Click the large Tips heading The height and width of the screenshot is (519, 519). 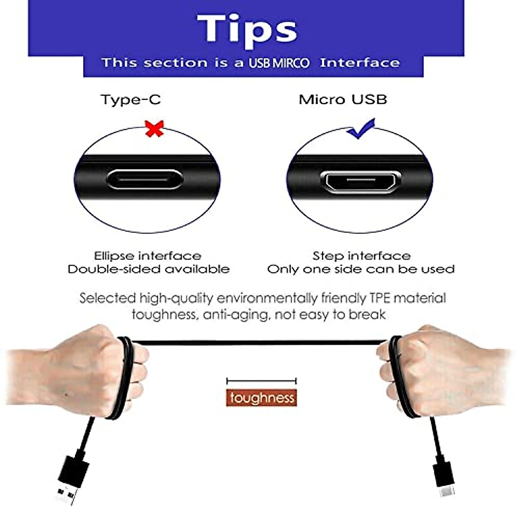tap(247, 29)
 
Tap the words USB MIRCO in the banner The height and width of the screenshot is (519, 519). tap(279, 63)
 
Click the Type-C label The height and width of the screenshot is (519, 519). tap(130, 99)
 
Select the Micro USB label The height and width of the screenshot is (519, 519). tap(343, 99)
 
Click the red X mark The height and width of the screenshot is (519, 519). tap(154, 129)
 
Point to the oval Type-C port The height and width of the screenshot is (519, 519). tap(145, 179)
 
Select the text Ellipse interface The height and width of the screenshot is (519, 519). tap(147, 256)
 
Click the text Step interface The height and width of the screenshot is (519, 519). tap(362, 256)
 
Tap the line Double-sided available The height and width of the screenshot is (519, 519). tap(148, 269)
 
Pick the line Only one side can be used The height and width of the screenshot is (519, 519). tap(361, 269)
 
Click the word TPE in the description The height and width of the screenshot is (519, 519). tap(379, 298)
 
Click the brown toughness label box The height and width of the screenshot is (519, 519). tap(262, 397)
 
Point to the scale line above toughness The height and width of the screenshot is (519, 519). tap(261, 381)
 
